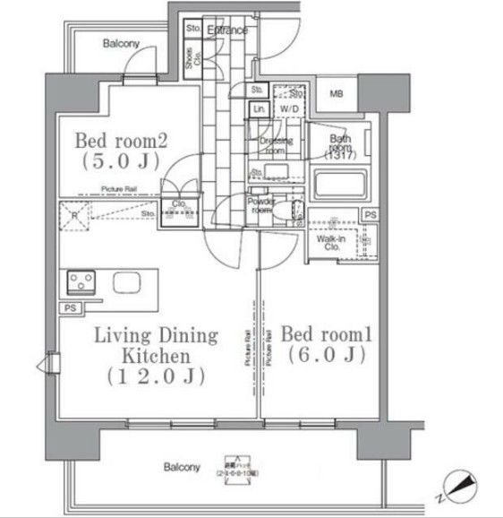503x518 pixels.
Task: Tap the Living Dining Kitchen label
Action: [x=157, y=356]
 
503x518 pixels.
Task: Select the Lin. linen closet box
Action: [x=258, y=109]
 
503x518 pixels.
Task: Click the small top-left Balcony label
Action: [x=120, y=43]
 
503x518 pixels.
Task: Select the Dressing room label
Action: [x=272, y=146]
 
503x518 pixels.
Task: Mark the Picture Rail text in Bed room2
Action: [x=118, y=189]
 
